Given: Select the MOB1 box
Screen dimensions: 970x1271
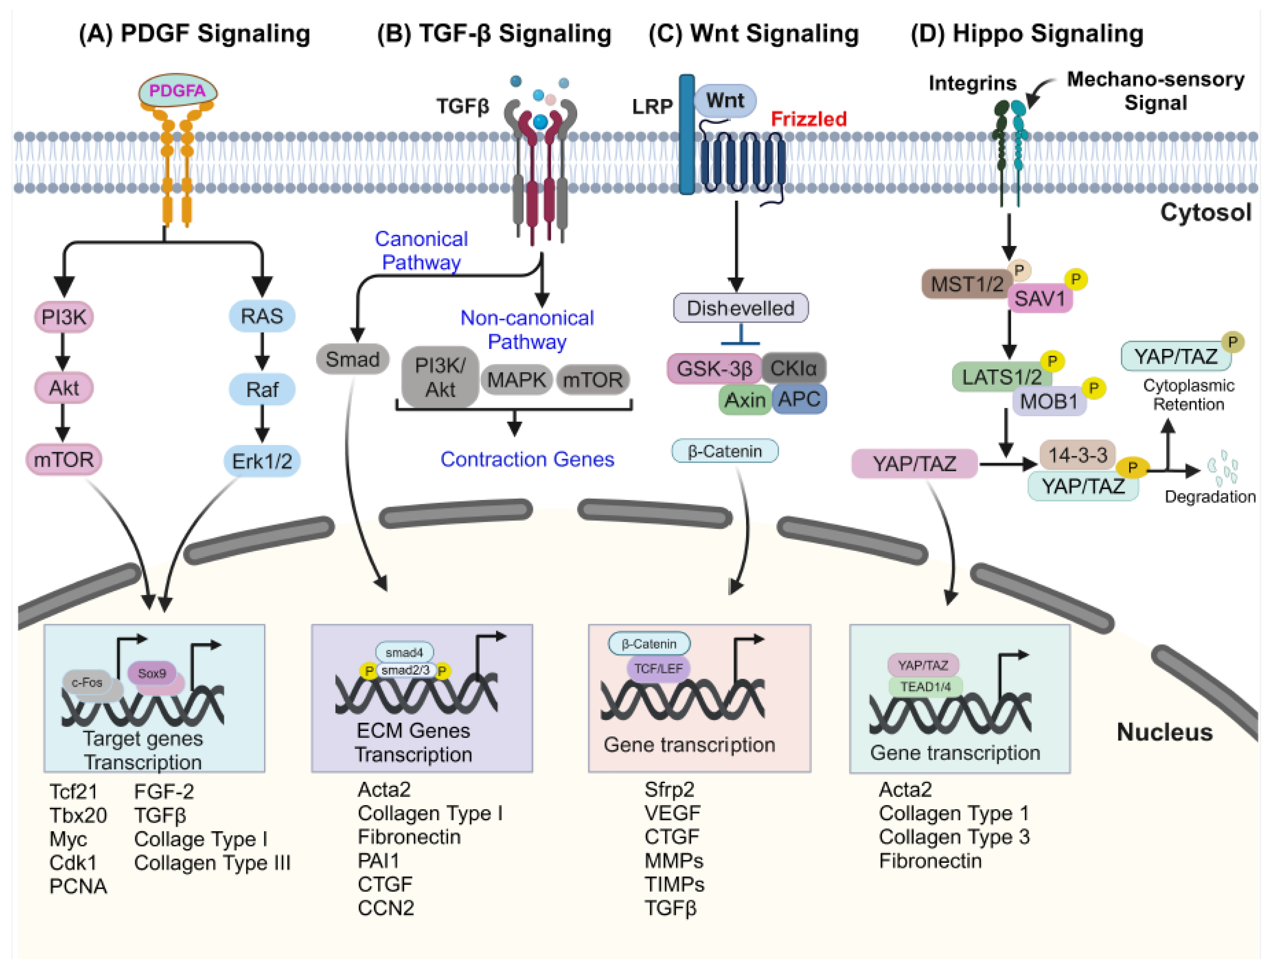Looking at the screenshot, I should coord(1048,401).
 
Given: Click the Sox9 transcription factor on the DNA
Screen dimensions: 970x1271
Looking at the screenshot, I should coord(152,673).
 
